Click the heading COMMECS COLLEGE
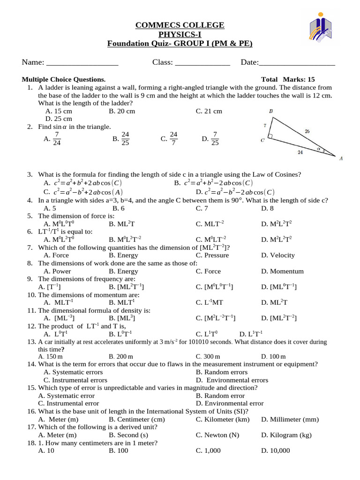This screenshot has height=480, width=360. pos(180,25)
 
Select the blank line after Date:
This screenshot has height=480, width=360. pos(297,63)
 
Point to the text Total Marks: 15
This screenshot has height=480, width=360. pos(288,79)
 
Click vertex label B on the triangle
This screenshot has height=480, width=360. pos(271,111)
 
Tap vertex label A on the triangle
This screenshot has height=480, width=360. pos(341,158)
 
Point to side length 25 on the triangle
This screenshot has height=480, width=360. pos(307,132)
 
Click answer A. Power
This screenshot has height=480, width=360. pos(57,271)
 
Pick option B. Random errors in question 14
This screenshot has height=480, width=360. pos(222,372)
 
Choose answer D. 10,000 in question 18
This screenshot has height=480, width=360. pos(276,451)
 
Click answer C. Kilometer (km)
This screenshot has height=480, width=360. pos(223,420)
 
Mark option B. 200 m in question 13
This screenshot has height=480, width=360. pos(121,357)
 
